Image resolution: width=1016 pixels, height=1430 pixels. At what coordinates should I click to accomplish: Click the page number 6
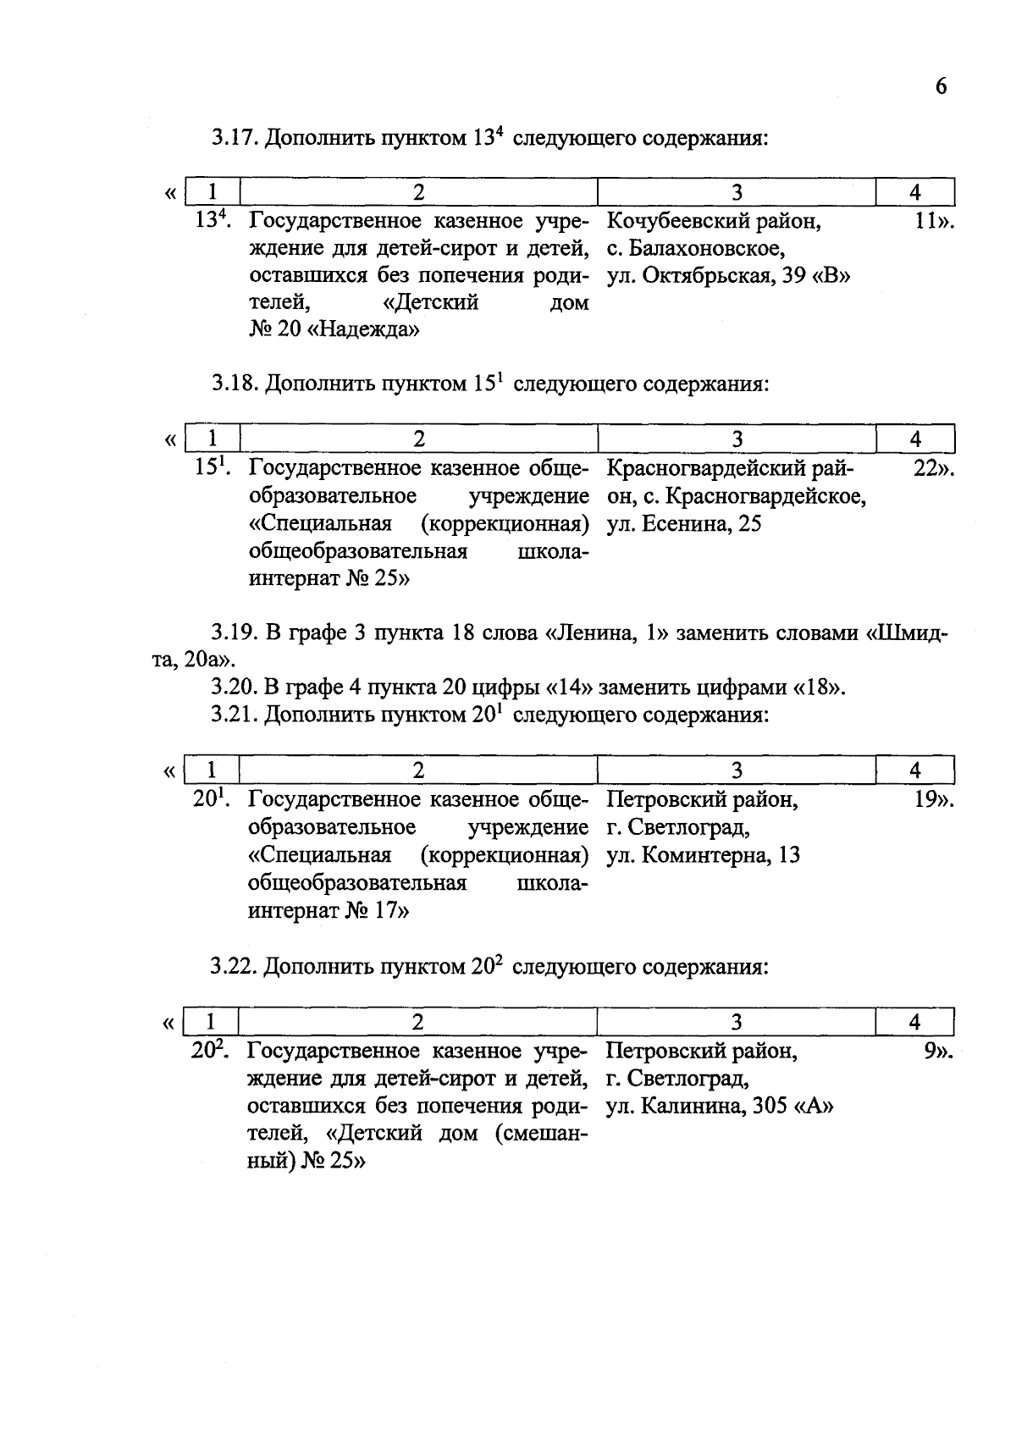pos(941,87)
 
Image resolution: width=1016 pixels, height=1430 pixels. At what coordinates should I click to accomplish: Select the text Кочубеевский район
pos(714,222)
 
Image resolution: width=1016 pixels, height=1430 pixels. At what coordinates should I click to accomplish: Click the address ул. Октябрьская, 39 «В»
pos(729,276)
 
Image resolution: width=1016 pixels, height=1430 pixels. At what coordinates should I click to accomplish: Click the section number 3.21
pos(234,715)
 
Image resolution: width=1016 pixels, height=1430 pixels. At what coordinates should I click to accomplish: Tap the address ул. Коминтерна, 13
pos(703,855)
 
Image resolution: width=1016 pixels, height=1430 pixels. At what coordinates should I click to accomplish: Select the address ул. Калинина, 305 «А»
pos(721,1107)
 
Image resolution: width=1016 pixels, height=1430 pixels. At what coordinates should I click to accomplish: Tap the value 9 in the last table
pos(932,1051)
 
